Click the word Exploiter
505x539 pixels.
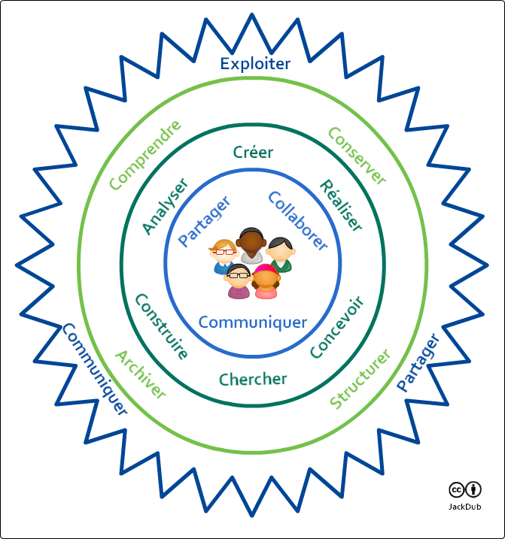[255, 64]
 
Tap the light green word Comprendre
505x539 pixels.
[145, 154]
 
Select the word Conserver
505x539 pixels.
[357, 156]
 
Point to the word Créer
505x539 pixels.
[253, 153]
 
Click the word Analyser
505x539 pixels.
[165, 206]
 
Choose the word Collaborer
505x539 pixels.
[298, 220]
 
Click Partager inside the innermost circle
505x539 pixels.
[203, 222]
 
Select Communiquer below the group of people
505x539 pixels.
[253, 322]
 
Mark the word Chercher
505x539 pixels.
[253, 379]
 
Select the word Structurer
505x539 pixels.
[360, 379]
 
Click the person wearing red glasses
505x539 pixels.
[224, 256]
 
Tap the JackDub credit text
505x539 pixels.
[465, 507]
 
